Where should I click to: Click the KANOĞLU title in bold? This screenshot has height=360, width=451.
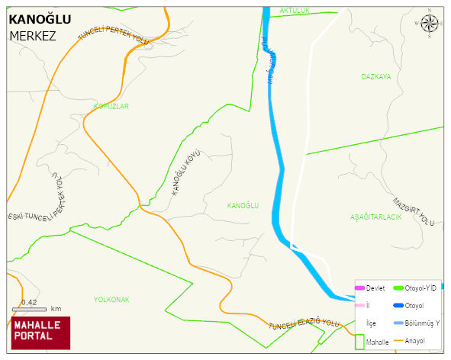pos(39,20)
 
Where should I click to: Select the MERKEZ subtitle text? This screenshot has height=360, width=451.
pos(33,36)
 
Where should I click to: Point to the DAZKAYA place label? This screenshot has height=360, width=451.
pos(376,77)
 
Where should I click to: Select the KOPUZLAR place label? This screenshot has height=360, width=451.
pos(111,106)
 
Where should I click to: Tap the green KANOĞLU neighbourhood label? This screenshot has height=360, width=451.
pos(243,206)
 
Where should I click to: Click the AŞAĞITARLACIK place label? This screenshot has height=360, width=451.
pos(375,217)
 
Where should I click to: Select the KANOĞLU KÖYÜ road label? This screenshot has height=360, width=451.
pos(185,175)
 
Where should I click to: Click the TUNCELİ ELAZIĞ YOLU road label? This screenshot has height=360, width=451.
pos(304,324)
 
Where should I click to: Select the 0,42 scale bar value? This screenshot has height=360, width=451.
pos(30,303)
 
